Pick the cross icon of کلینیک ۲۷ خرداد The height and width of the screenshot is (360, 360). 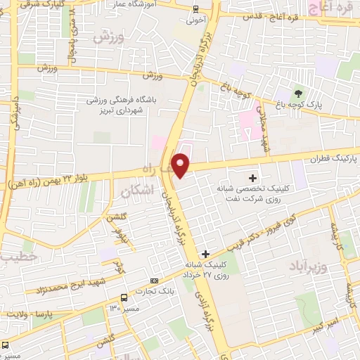pos(205,254)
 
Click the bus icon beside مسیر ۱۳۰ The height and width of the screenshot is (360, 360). pos(124,297)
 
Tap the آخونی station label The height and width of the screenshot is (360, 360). pos(195,20)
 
